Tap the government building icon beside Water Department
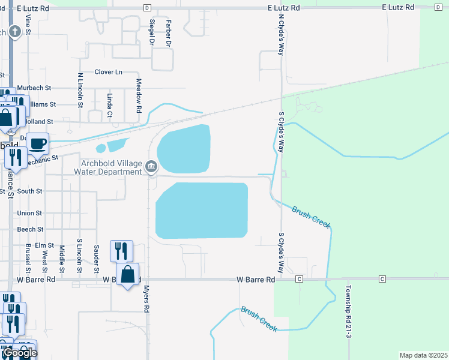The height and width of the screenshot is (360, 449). [151, 166]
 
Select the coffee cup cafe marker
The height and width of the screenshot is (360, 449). [38, 143]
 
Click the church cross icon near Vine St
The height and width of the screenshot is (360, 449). [14, 31]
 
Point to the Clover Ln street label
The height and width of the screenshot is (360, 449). [108, 72]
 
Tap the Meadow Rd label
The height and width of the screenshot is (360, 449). [138, 96]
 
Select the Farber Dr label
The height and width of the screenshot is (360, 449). [169, 33]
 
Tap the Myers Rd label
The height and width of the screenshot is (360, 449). [146, 298]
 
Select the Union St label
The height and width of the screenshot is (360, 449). [30, 213]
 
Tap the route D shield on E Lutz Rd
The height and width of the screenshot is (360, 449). [147, 7]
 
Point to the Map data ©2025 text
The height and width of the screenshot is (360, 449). [423, 355]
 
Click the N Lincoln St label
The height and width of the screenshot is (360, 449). [80, 91]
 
